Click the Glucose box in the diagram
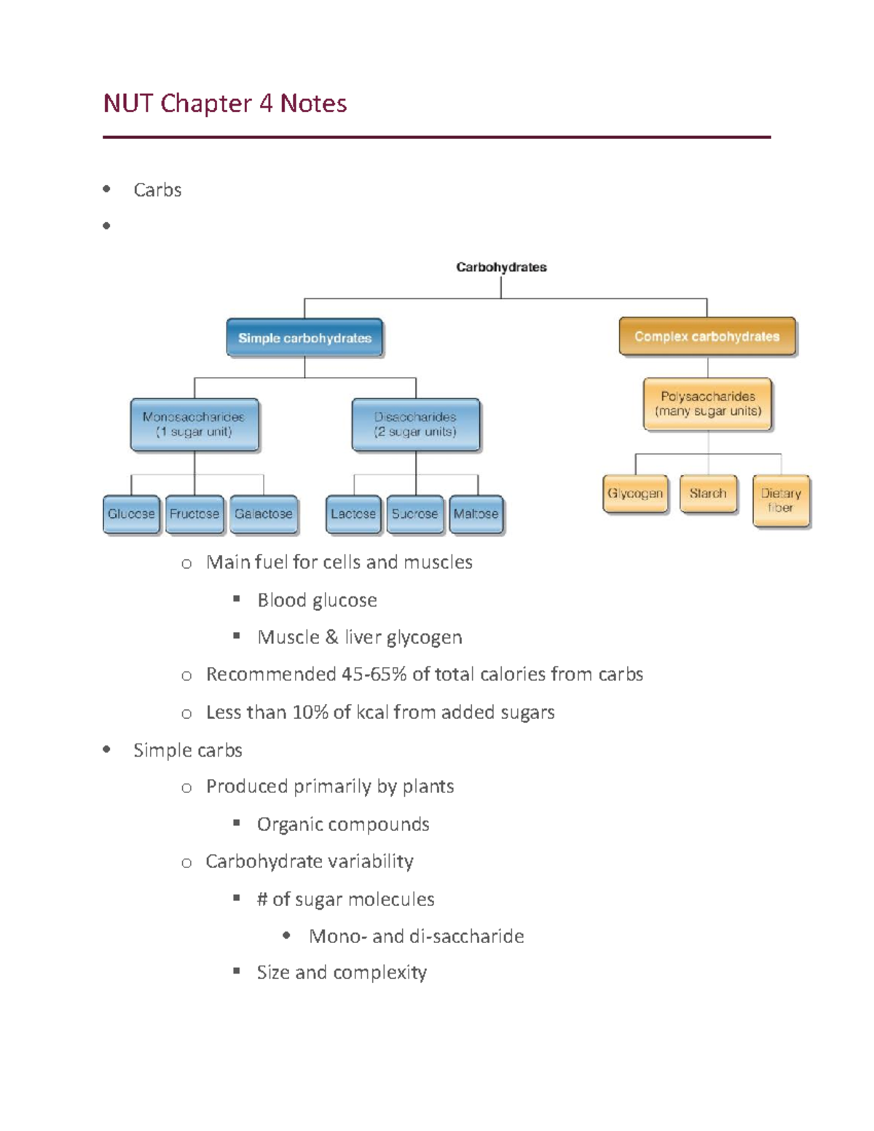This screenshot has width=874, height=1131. (x=131, y=514)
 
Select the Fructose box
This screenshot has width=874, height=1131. (x=194, y=514)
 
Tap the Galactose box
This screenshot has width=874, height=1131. (x=264, y=514)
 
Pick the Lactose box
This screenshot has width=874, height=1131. (x=353, y=514)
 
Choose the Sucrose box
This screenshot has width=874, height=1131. (x=415, y=514)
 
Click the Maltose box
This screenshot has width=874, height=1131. (x=476, y=514)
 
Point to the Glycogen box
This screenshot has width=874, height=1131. (x=635, y=494)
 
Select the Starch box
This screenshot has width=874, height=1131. (x=708, y=494)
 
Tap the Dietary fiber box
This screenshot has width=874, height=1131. (x=781, y=500)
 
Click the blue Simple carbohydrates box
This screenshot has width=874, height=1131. (x=304, y=338)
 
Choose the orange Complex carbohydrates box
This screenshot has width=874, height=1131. (x=706, y=336)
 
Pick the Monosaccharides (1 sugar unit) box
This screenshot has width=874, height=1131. (x=194, y=425)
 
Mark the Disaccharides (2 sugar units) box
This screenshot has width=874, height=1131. (x=415, y=425)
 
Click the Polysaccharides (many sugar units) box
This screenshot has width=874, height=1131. (x=707, y=404)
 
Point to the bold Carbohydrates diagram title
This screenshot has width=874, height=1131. (x=501, y=267)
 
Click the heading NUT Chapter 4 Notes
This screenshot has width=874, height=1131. (x=225, y=103)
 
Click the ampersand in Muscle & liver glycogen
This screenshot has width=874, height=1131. (x=331, y=637)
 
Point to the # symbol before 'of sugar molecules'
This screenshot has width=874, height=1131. (x=262, y=899)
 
